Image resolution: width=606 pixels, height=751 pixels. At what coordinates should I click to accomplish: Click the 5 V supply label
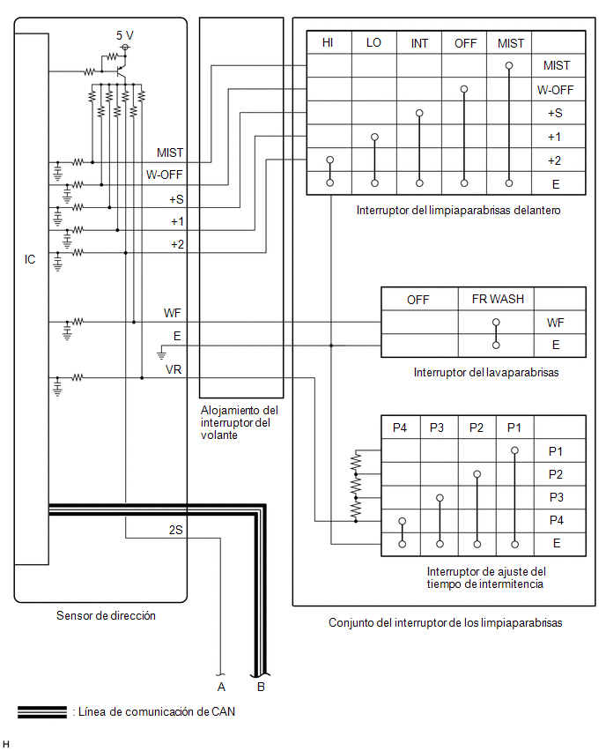pyautogui.click(x=124, y=35)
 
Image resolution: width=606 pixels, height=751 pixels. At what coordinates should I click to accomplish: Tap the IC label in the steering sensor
pyautogui.click(x=30, y=259)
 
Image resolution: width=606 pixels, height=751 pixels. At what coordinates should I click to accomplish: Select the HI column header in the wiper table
pyautogui.click(x=328, y=42)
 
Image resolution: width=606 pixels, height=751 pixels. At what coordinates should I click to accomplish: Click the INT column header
pyautogui.click(x=419, y=43)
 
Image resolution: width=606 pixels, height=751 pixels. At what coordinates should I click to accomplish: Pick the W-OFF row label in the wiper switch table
pyautogui.click(x=555, y=90)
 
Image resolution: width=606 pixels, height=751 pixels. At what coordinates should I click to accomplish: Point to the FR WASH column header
pyautogui.click(x=498, y=299)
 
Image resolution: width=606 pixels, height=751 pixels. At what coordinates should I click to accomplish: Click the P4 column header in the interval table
pyautogui.click(x=400, y=428)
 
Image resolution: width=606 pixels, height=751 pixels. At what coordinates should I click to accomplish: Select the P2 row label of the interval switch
pyautogui.click(x=555, y=474)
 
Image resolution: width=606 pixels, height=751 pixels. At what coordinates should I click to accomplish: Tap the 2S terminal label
pyautogui.click(x=175, y=530)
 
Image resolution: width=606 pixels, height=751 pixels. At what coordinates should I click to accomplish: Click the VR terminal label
pyautogui.click(x=174, y=369)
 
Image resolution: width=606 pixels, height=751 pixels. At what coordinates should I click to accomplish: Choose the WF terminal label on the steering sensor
pyautogui.click(x=173, y=313)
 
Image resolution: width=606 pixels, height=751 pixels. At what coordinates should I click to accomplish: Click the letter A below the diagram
pyautogui.click(x=221, y=687)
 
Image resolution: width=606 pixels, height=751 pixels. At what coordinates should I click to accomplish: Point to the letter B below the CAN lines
pyautogui.click(x=261, y=687)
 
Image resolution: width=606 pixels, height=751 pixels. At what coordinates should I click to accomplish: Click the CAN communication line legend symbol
pyautogui.click(x=42, y=711)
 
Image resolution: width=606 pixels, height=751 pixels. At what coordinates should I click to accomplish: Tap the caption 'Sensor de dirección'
pyautogui.click(x=106, y=615)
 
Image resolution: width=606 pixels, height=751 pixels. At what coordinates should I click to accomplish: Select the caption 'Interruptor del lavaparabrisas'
pyautogui.click(x=486, y=372)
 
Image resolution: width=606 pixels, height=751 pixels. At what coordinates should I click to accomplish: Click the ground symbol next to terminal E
pyautogui.click(x=161, y=354)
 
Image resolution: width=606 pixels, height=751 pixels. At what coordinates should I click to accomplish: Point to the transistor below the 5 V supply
pyautogui.click(x=121, y=72)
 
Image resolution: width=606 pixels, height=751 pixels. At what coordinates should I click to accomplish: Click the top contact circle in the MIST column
pyautogui.click(x=509, y=65)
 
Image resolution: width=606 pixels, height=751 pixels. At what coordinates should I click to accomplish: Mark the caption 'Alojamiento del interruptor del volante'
pyautogui.click(x=239, y=422)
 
